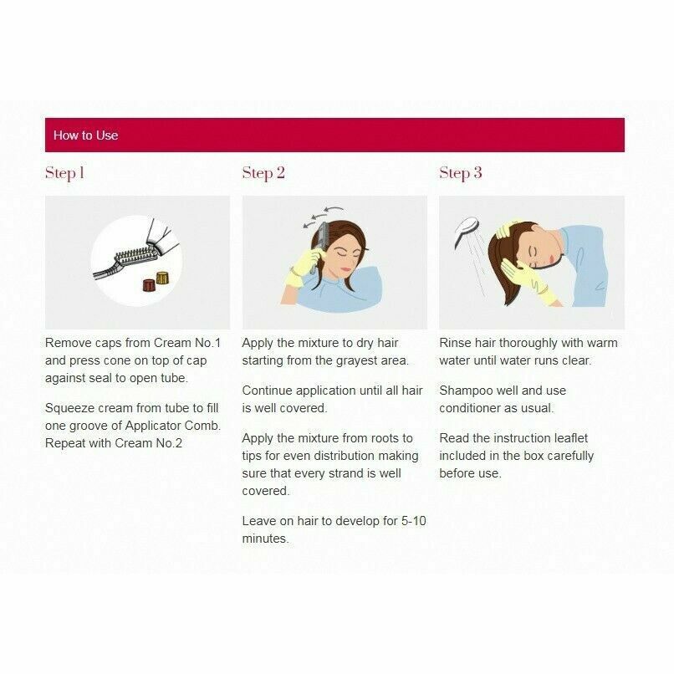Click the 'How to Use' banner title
coord(85,135)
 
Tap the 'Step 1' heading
coord(64,173)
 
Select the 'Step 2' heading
coord(263,173)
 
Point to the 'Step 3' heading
coord(461,173)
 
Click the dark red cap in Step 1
coord(149,284)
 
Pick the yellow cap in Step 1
coord(162,278)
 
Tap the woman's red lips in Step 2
coord(345,268)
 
